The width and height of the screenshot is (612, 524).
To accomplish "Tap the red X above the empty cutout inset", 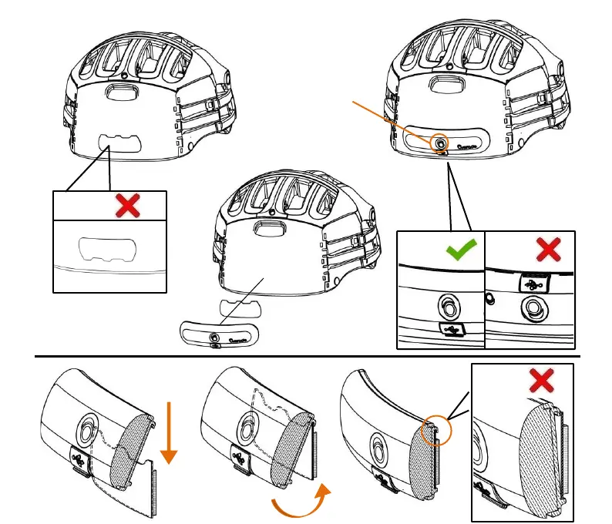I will click(x=127, y=205).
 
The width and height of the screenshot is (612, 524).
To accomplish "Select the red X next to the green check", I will click(x=548, y=248).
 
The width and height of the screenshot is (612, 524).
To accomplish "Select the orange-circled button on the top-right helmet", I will click(x=439, y=143).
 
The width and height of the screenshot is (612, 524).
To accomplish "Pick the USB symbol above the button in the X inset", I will click(x=531, y=282).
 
